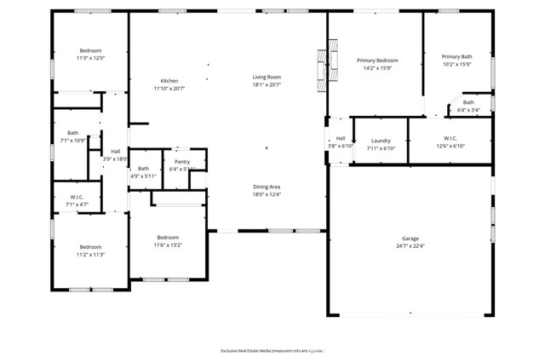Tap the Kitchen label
click(x=169, y=81)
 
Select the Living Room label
click(x=266, y=77)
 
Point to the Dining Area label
click(x=267, y=187)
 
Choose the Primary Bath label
click(x=456, y=56)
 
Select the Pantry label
click(x=182, y=161)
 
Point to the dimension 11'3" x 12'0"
click(x=90, y=59)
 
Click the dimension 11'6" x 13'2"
click(x=168, y=245)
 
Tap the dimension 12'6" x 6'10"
click(x=450, y=146)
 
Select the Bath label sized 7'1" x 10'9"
click(x=73, y=132)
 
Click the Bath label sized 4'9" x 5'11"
click(x=143, y=168)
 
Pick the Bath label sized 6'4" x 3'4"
click(x=468, y=102)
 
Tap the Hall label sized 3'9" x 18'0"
click(x=115, y=151)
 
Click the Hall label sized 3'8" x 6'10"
click(x=341, y=138)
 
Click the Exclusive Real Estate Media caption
click(x=272, y=350)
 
